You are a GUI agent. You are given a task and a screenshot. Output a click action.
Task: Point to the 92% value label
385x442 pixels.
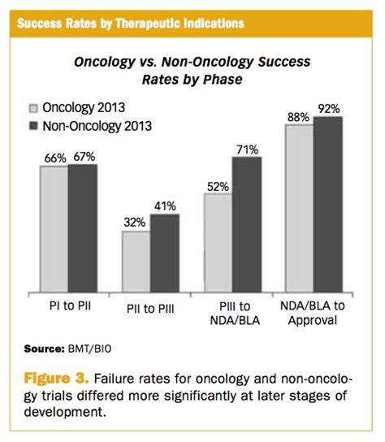(x=329, y=108)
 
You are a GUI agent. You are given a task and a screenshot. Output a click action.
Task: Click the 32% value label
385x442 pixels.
(x=136, y=222)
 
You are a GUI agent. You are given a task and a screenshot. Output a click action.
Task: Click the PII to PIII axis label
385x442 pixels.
(x=150, y=310)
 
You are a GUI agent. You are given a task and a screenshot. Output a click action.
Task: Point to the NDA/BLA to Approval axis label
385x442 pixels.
(x=313, y=317)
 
